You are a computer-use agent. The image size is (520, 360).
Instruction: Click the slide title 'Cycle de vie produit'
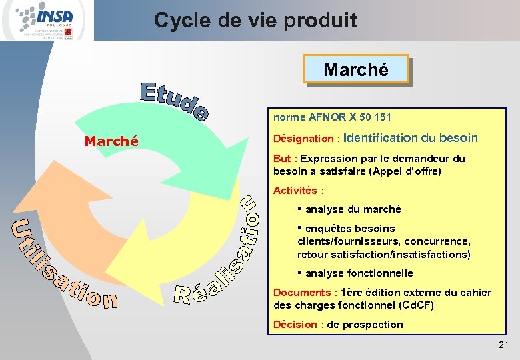tap(255, 21)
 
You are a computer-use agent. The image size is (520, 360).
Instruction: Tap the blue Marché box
tap(355, 69)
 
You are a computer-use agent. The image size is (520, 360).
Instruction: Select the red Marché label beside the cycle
tap(111, 141)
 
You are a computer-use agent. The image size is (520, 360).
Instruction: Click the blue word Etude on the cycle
tap(174, 102)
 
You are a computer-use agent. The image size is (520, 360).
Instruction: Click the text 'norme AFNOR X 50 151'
tap(332, 117)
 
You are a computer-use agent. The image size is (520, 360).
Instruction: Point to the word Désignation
tap(303, 139)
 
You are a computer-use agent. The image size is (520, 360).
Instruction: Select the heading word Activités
tap(294, 191)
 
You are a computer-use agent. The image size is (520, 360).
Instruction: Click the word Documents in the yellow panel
tap(301, 293)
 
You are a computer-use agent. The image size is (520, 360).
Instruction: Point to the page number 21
tap(503, 345)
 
